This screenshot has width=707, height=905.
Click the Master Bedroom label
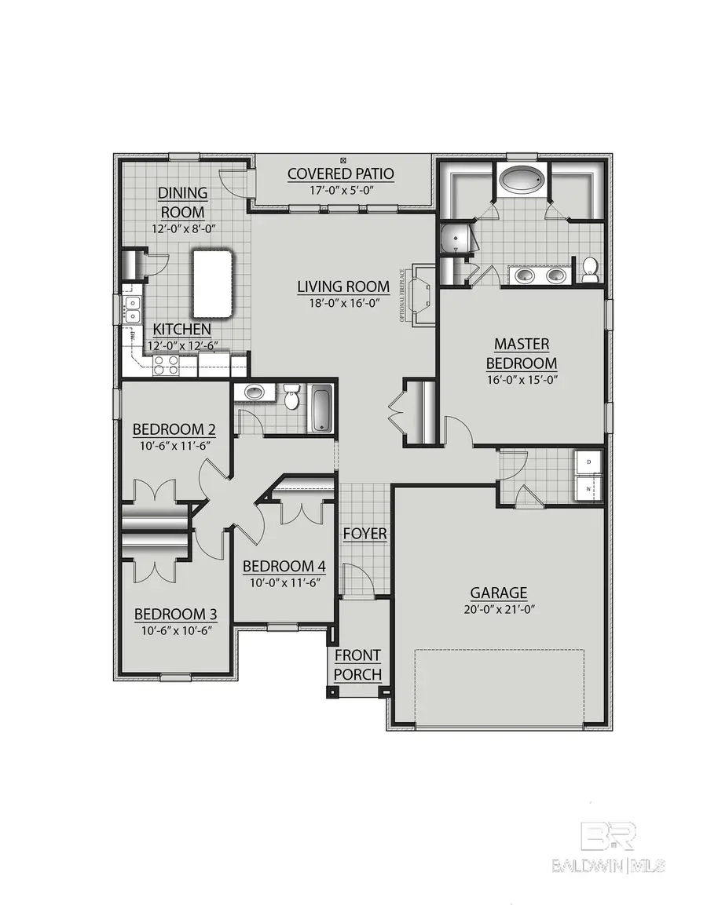tap(522, 353)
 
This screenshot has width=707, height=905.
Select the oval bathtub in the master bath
tap(521, 180)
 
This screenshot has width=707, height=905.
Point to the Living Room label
tap(343, 286)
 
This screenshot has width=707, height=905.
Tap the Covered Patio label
tap(340, 173)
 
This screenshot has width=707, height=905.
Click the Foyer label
tap(364, 534)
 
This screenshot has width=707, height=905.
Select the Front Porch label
tap(357, 664)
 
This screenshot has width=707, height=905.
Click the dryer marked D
tap(587, 463)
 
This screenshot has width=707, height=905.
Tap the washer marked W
tap(587, 488)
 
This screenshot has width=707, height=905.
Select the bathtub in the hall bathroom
tap(321, 407)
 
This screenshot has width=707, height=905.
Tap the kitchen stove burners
tap(166, 363)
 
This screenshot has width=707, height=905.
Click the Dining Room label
tap(183, 203)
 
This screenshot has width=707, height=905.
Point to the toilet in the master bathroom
tap(590, 269)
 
